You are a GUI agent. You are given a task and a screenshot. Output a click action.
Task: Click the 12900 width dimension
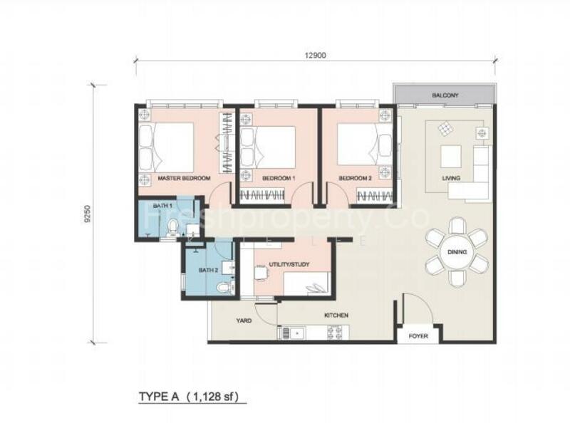tap(315, 56)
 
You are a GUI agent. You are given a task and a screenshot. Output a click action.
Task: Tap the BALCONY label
tap(445, 95)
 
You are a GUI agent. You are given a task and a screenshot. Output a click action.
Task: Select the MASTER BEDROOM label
tap(184, 178)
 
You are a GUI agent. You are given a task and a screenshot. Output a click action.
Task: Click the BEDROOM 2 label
tap(355, 179)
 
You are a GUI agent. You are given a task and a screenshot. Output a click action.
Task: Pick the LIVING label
tap(451, 178)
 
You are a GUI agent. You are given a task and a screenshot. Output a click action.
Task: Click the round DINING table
tap(457, 252)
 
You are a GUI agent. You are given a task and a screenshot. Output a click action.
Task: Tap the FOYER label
tap(418, 336)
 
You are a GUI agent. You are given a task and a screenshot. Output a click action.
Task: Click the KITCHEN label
tap(336, 315)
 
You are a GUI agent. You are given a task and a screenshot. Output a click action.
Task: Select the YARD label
tap(244, 320)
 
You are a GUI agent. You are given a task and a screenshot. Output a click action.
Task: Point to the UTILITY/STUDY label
tap(289, 264)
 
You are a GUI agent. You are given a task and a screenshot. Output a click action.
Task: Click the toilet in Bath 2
tap(224, 287)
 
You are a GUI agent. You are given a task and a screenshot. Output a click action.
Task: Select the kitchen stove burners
tap(335, 333)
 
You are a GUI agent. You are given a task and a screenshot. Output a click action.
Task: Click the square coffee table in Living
tap(451, 156)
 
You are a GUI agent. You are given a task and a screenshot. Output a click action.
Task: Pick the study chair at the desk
tap(260, 273)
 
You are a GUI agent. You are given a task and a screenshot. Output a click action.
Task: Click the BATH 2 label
tap(208, 271)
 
